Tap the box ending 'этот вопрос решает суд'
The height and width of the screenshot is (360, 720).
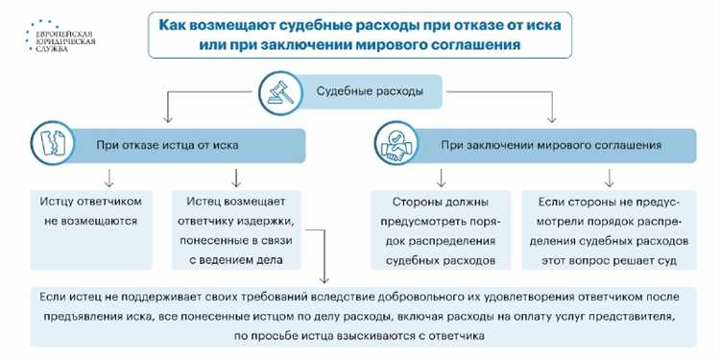coord(606,230)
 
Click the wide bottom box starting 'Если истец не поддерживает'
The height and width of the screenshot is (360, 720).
coord(360,314)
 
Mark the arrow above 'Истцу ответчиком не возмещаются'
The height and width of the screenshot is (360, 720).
coord(110,178)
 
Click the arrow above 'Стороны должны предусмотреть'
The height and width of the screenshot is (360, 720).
coord(442,178)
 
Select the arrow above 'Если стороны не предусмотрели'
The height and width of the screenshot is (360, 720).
coord(609,178)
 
